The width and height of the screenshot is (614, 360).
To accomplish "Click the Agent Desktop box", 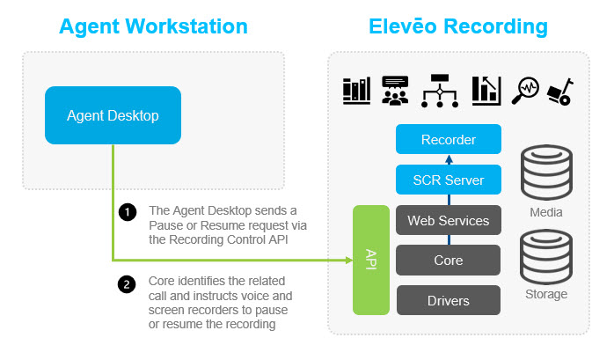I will tap(113, 115).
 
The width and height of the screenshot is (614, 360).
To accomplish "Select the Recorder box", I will tap(449, 139).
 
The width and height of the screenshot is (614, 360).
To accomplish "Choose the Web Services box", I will tap(449, 220).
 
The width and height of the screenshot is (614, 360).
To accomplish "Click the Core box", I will tap(449, 261).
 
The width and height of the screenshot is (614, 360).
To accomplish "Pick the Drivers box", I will tap(449, 300).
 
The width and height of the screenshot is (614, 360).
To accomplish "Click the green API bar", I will tap(369, 260).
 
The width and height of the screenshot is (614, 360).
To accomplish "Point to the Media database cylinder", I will tap(546, 173).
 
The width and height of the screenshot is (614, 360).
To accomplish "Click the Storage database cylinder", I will tap(546, 256).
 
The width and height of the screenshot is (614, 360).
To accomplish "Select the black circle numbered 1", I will tap(127, 211).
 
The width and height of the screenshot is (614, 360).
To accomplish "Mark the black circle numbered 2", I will tap(127, 283).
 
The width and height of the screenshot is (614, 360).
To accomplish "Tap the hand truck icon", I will tap(559, 89).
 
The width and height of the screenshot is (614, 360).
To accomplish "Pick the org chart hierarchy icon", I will tap(439, 89).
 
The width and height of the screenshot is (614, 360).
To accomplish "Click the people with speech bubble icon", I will tap(395, 89).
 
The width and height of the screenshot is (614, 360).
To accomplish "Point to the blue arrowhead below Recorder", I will tap(449, 159).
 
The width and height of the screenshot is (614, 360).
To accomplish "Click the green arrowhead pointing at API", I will tap(347, 260).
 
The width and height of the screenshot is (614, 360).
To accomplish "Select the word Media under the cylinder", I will tap(546, 212).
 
